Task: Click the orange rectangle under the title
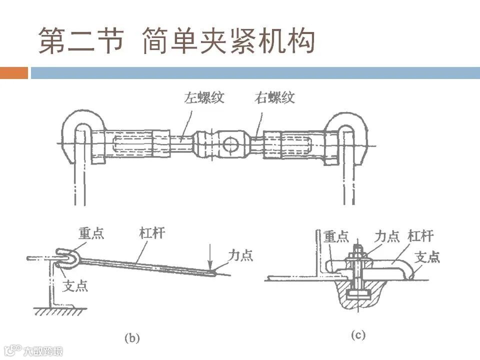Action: point(14,73)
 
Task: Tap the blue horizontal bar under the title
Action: point(255,73)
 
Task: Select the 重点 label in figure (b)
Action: point(91,233)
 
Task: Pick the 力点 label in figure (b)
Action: point(240,255)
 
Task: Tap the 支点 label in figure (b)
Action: point(75,286)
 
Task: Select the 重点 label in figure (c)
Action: point(336,236)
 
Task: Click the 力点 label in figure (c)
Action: point(387,236)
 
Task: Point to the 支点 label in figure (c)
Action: point(428,257)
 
